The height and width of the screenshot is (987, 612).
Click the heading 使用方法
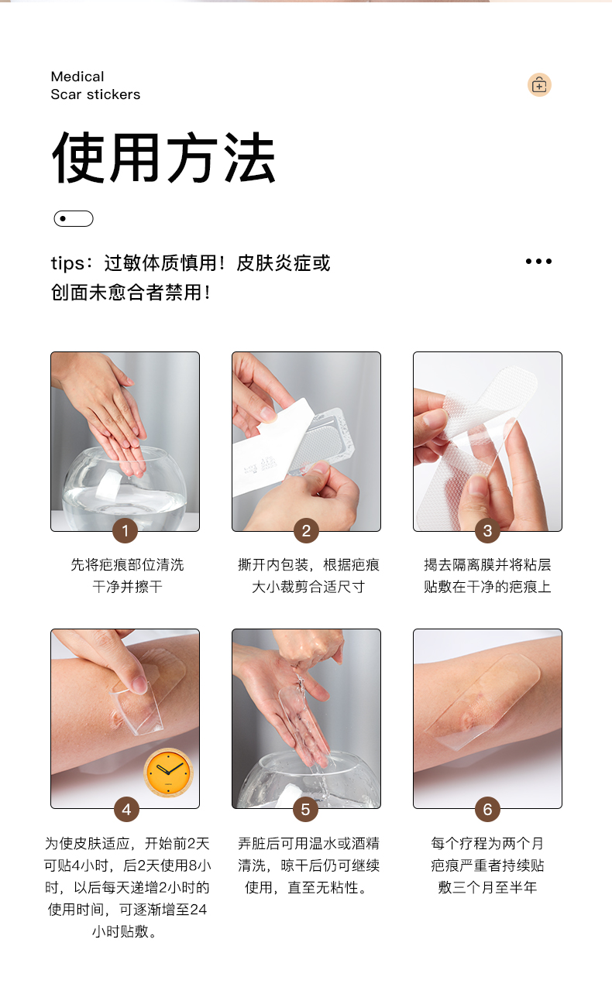pos(163,157)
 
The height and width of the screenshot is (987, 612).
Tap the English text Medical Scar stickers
pos(95,85)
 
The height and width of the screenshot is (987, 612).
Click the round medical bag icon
pos(539,84)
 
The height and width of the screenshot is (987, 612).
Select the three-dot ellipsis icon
pos(538,262)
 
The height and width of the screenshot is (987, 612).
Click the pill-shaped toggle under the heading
pos(74,218)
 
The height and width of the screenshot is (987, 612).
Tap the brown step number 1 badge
pos(125,530)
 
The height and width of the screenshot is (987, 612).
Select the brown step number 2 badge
pos(307,530)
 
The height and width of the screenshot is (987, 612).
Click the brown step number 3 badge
pos(487,530)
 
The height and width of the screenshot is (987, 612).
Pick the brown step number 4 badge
pos(126,809)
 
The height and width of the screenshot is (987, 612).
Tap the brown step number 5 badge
pos(305,809)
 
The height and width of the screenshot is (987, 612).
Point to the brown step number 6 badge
pos(487,809)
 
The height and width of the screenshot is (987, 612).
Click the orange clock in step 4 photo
pos(168,773)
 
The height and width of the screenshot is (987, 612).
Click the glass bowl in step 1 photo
pos(125,489)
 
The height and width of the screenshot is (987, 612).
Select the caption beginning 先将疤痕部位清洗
pos(127,575)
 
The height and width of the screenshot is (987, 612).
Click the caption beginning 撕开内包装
pos(308,575)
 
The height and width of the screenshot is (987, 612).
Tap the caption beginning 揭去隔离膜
pos(487,575)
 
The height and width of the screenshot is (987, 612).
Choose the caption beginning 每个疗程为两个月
pos(487,865)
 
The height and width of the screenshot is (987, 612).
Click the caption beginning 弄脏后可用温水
pos(308,865)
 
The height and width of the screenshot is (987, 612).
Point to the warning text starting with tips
pos(191,278)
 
